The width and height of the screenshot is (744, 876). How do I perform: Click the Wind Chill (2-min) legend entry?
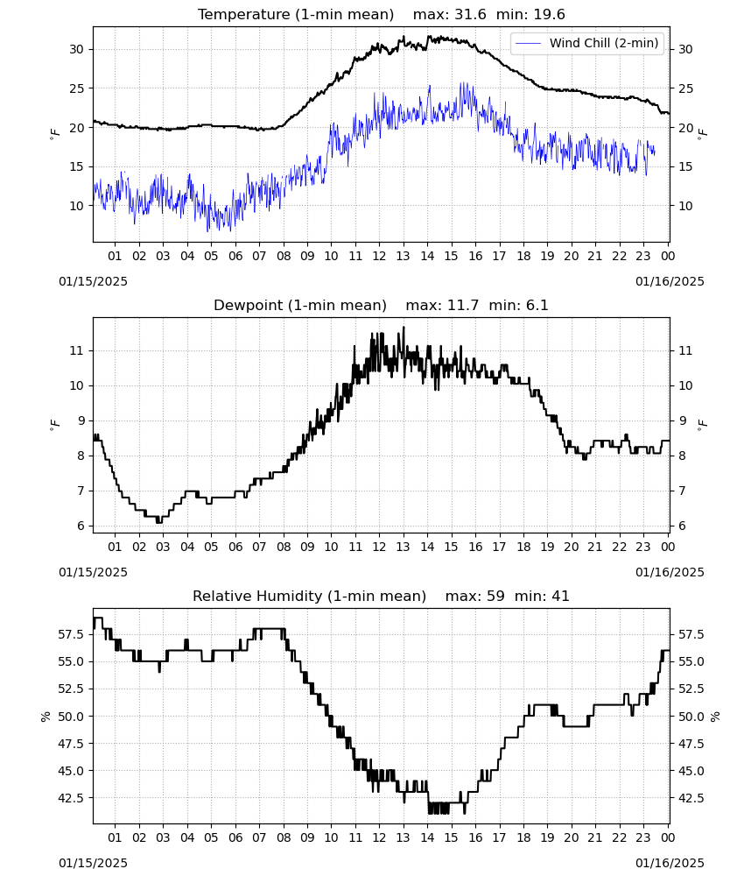587,43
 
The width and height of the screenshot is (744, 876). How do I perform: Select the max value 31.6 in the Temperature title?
471,15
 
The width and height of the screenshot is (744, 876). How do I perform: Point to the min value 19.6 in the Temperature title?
549,15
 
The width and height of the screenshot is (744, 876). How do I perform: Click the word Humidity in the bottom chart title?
292,596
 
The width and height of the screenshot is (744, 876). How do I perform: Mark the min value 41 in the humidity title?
560,596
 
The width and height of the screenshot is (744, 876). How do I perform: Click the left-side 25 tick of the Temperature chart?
76,88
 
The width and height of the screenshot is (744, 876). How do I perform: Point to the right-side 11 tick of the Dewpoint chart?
685,351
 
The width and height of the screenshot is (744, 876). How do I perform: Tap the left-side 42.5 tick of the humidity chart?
72,798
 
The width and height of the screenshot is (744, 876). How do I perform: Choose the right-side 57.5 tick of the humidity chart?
691,634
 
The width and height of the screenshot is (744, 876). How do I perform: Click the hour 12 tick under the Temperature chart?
379,256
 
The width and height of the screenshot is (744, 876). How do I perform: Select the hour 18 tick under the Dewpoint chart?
523,547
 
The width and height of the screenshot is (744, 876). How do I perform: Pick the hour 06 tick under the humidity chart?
235,837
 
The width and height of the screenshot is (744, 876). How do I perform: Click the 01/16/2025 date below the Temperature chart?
670,281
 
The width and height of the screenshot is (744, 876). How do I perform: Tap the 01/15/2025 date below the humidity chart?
93,863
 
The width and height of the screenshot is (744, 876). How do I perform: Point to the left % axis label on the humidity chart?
46,717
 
